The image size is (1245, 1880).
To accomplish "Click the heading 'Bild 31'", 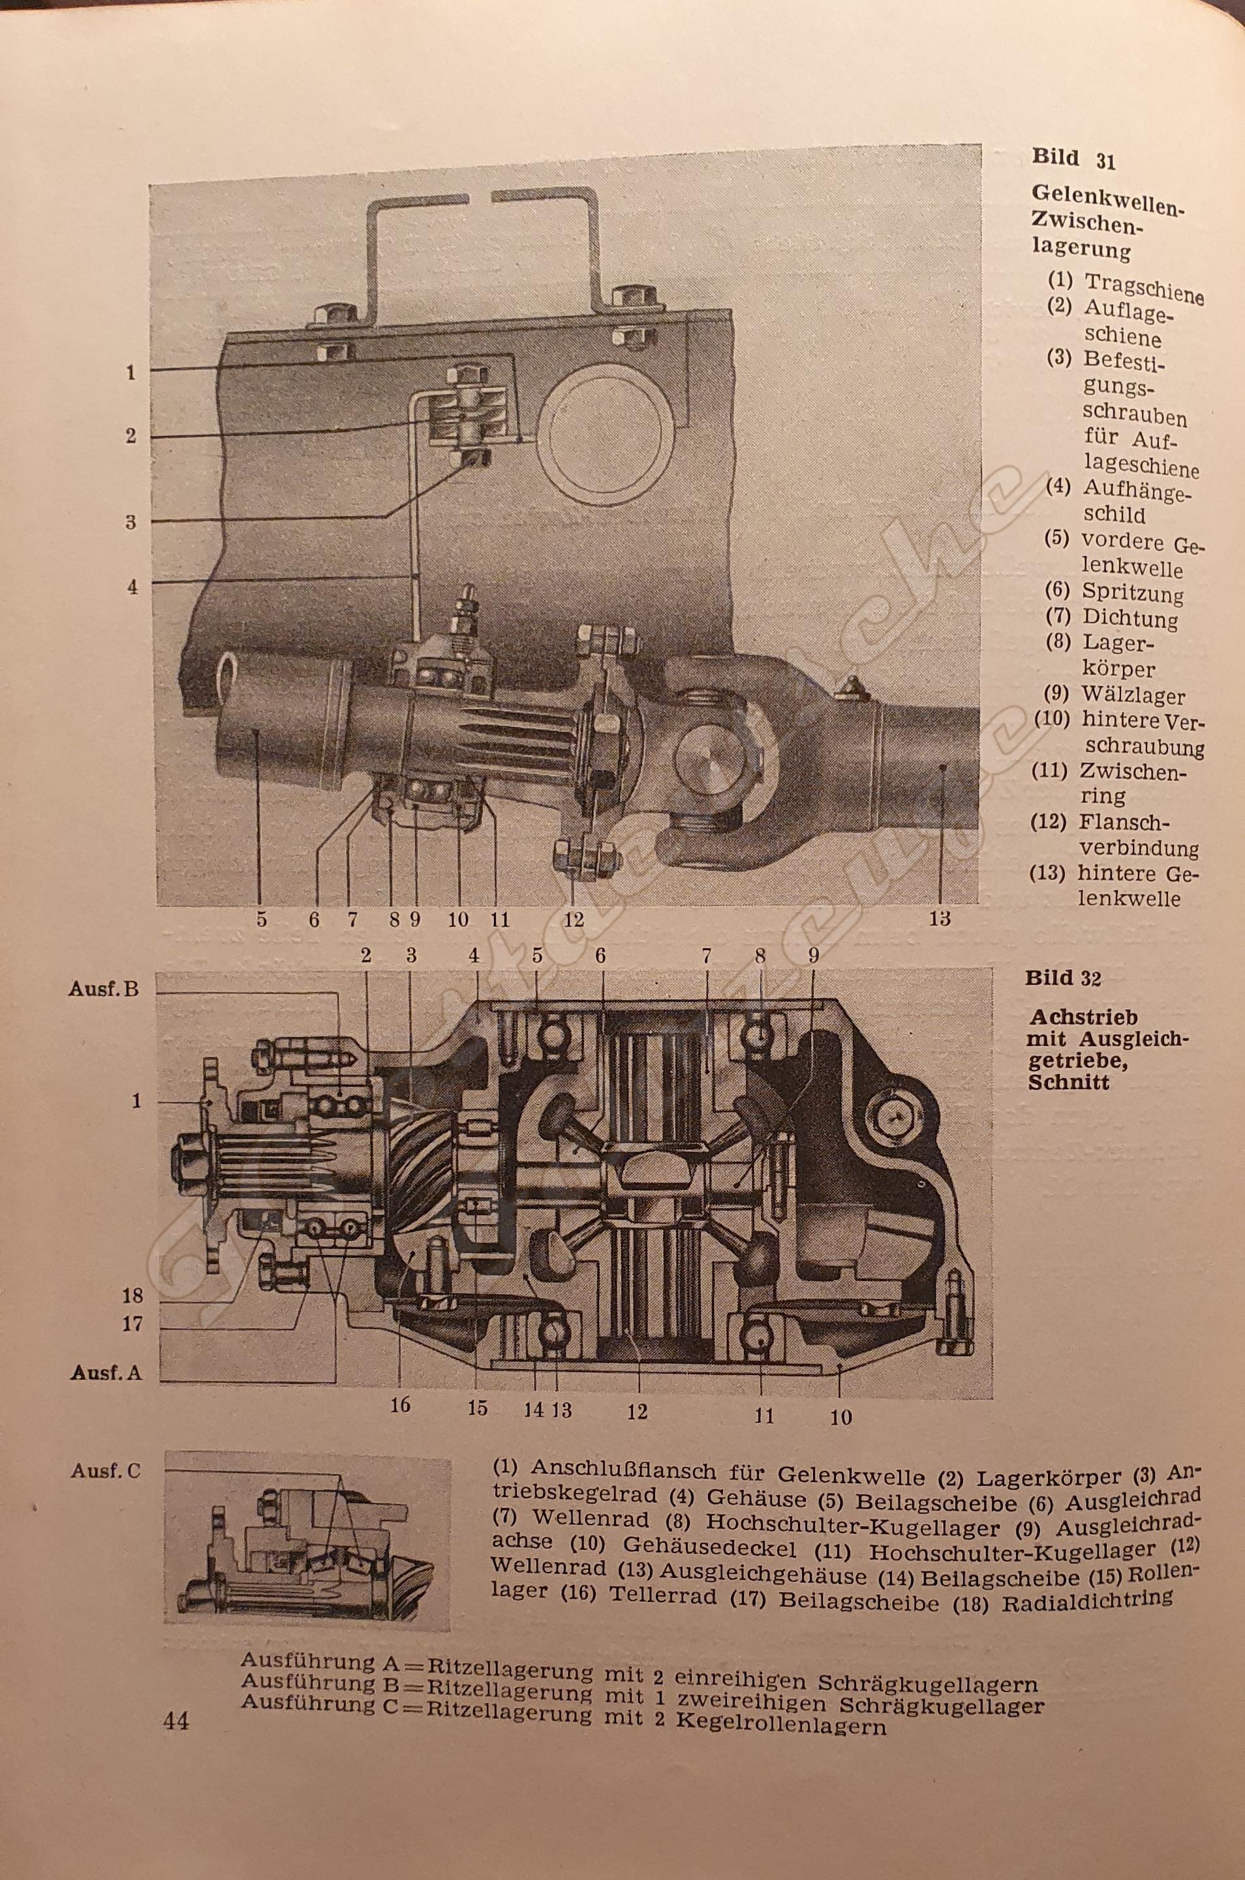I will (x=1073, y=158).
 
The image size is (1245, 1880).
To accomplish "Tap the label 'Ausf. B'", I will (x=104, y=989).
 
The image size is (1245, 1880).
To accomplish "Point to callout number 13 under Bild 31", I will (x=940, y=919).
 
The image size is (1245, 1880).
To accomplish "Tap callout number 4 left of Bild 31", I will (x=132, y=587).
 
